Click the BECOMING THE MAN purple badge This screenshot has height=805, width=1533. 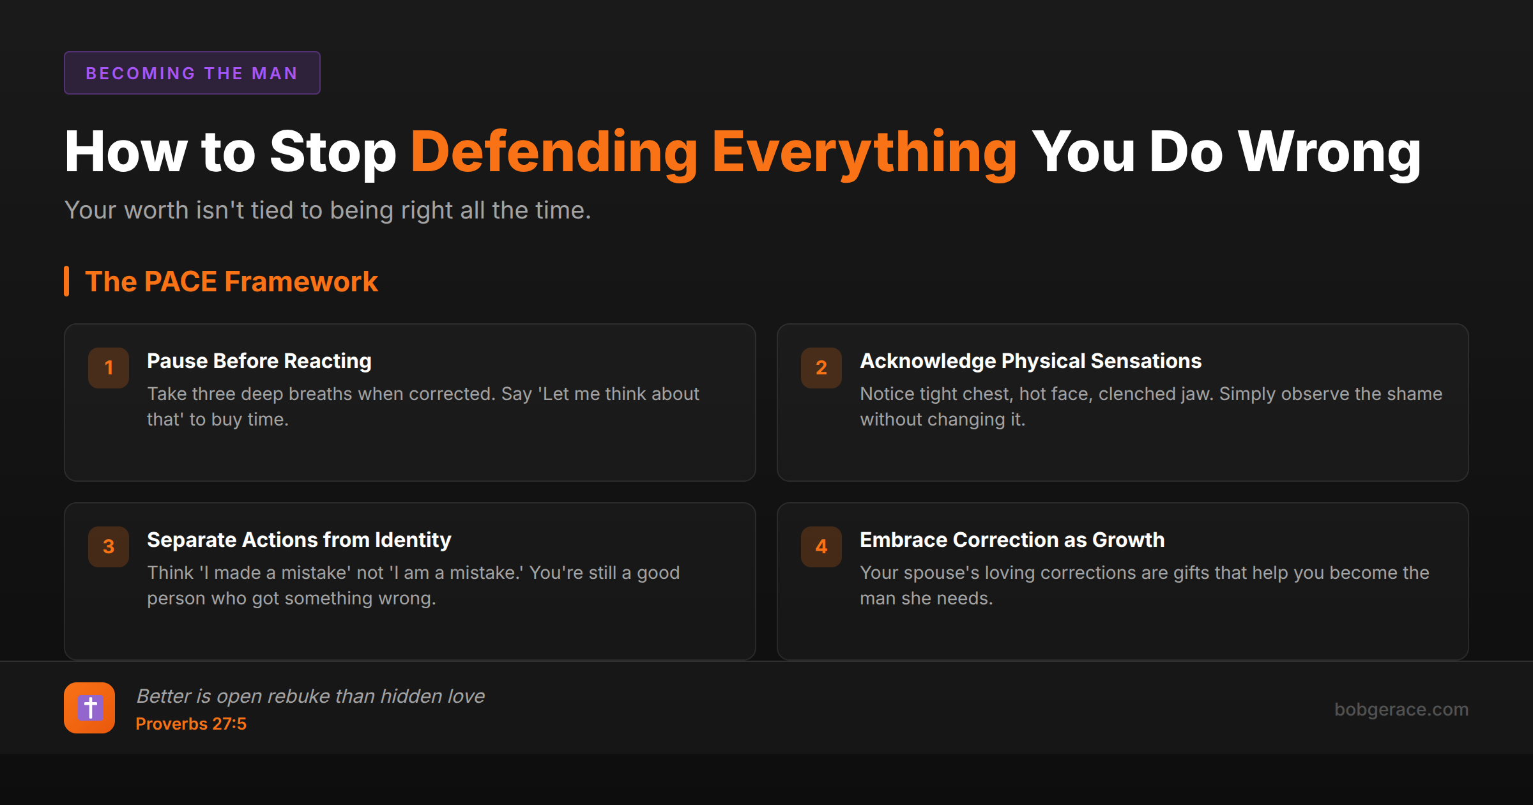point(192,73)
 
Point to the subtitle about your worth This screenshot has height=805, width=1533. point(328,210)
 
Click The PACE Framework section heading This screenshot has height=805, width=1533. point(231,282)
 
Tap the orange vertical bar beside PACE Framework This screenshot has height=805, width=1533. point(66,282)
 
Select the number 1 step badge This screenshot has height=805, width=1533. point(109,367)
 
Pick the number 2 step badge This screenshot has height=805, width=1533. point(821,367)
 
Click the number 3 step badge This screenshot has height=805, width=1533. point(109,546)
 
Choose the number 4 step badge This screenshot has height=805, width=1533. point(821,546)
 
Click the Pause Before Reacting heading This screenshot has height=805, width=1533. point(259,361)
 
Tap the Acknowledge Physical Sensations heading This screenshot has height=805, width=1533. point(1030,361)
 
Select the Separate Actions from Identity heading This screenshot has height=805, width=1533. point(299,540)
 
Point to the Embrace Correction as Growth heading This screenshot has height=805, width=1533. point(1012,540)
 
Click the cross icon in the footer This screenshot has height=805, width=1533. point(89,708)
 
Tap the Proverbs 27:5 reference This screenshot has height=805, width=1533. point(191,724)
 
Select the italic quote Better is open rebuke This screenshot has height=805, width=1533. point(310,696)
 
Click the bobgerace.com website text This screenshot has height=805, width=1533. point(1401,709)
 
